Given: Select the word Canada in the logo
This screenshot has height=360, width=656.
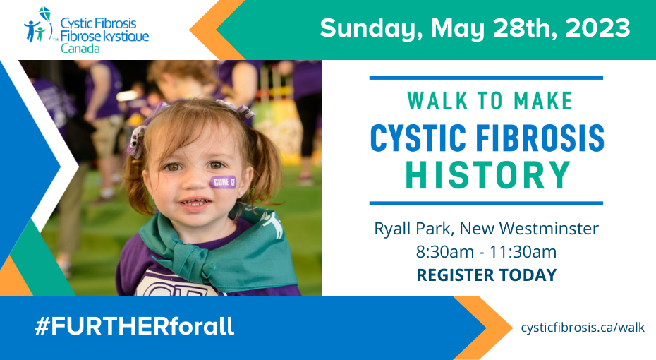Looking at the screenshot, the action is [80, 49].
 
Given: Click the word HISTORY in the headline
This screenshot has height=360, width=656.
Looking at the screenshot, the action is [488, 174].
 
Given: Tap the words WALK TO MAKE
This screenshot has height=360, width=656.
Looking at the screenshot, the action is [490, 101].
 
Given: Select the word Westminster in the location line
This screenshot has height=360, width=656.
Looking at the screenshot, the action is [549, 229].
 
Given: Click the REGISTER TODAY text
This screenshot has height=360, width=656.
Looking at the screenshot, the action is [487, 275].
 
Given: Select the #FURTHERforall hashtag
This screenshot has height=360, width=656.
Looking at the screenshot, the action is [134, 326].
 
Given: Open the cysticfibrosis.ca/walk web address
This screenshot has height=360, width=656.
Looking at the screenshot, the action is [583, 328].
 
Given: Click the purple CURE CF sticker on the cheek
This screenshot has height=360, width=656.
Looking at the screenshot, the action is [224, 182].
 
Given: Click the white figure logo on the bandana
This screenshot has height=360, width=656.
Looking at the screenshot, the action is [273, 224].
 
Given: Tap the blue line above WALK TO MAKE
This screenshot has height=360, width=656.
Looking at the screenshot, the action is [486, 78].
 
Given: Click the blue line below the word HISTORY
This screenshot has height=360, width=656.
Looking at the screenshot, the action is [486, 203].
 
